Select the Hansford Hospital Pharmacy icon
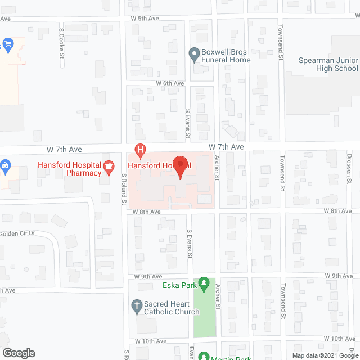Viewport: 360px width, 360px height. (109, 166)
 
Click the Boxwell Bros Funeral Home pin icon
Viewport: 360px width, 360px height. (194, 54)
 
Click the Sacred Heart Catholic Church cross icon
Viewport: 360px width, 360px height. (136, 305)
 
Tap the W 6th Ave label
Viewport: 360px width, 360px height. (170, 83)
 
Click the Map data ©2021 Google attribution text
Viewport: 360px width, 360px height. (324, 355)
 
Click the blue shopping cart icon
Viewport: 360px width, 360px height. (8, 43)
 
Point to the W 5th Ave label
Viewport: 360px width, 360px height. (146, 18)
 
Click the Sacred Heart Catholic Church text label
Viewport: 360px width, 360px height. (172, 307)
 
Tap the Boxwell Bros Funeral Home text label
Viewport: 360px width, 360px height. (227, 56)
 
